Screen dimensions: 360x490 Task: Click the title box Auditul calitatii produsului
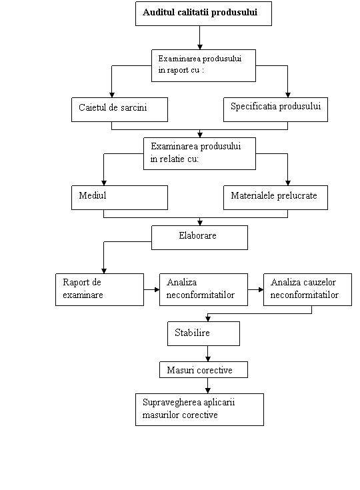coord(203,13)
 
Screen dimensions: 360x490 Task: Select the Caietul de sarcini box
coord(120,109)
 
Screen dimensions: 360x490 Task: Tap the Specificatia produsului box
coord(275,109)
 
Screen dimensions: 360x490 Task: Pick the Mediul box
coord(120,197)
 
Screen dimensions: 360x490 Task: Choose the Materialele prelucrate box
coord(275,197)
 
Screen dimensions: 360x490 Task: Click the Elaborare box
coord(200,237)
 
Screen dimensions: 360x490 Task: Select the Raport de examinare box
coord(100,290)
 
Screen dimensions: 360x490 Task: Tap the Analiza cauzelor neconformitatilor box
coord(307,290)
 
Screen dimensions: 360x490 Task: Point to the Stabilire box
coord(204,333)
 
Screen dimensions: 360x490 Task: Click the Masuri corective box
coord(204,370)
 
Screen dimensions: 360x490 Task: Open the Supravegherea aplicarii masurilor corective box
coord(200,409)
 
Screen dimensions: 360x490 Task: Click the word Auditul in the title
coord(159,12)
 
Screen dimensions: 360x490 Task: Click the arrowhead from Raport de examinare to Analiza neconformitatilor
coord(157,290)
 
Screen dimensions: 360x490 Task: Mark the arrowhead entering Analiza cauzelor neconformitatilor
coord(261,290)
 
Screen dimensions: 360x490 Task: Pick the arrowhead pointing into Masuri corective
coord(208,359)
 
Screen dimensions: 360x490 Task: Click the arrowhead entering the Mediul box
coord(104,183)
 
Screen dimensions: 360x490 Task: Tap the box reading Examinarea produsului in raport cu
coord(204,65)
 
